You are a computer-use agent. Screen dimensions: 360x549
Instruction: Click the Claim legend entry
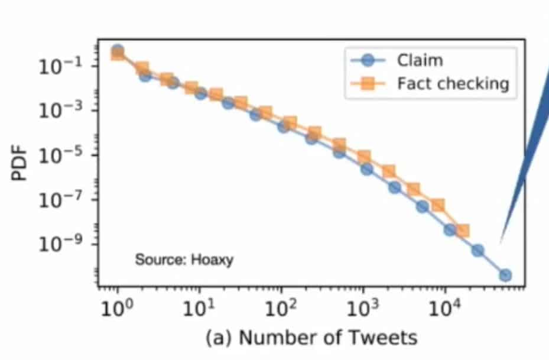pyautogui.click(x=420, y=60)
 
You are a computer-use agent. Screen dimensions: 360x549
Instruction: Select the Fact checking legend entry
pyautogui.click(x=452, y=83)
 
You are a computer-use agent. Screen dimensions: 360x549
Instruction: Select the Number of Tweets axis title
pyautogui.click(x=311, y=338)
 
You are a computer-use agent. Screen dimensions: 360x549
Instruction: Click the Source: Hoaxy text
pyautogui.click(x=184, y=260)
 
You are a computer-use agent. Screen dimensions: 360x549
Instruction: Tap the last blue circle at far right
pyautogui.click(x=505, y=275)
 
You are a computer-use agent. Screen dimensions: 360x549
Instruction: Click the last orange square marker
pyautogui.click(x=463, y=231)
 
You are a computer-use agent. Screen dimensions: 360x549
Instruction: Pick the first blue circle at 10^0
pyautogui.click(x=118, y=50)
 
